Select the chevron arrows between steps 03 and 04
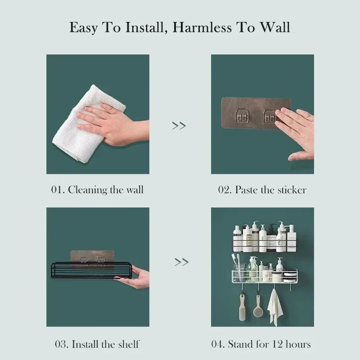[181, 261]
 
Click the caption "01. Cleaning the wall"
[97, 189]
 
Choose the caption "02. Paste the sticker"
[262, 189]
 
